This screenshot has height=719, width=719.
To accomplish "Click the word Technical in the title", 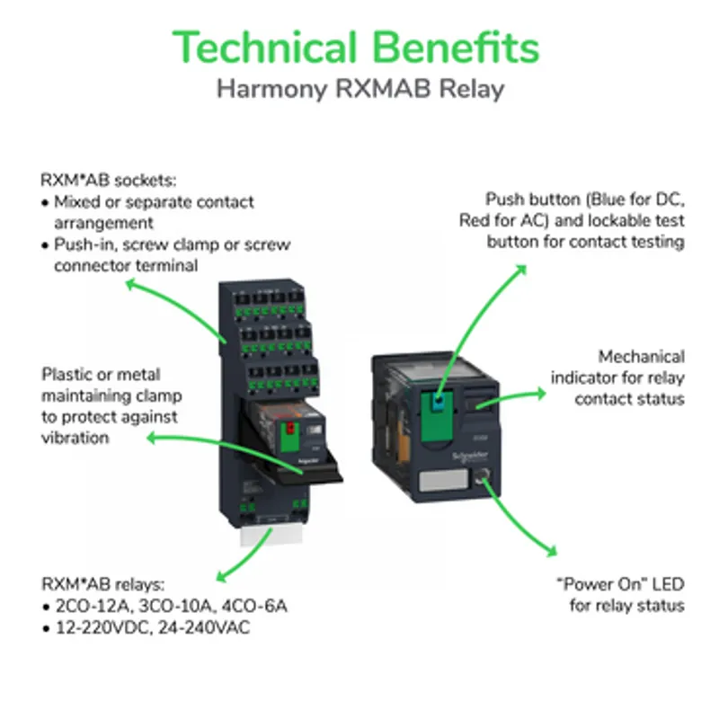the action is coord(264,48).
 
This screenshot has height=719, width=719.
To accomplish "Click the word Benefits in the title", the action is coord(456,48).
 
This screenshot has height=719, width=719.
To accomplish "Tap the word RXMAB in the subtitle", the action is coord(383,88).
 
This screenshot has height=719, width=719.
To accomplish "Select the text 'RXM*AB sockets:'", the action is coord(108,181).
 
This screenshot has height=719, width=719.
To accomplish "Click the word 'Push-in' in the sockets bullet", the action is coord(84,244).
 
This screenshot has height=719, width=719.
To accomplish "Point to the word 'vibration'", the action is coord(75,438).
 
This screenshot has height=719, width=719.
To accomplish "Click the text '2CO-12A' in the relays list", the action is coord(94,606).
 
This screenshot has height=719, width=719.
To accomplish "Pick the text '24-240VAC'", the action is coord(204,627).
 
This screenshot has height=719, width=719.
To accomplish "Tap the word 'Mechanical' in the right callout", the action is coord(641,357).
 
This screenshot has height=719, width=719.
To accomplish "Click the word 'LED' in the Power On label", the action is coord(668,584).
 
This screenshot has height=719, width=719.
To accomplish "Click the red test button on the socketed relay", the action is coord(289,429).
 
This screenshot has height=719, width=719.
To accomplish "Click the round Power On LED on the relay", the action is coord(483,475).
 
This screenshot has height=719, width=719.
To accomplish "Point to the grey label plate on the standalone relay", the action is coord(443,480).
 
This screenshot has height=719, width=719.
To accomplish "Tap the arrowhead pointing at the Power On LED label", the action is coord(552,551).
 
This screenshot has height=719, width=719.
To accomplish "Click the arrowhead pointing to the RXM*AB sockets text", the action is coord(132,285).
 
